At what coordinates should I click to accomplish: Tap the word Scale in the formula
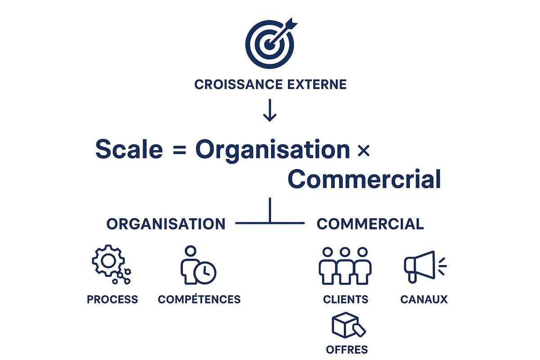point(129,149)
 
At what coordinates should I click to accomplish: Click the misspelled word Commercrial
point(364,179)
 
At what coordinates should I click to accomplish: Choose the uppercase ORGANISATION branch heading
point(166,224)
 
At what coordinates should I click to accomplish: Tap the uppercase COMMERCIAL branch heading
point(370,224)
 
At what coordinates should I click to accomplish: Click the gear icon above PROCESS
point(108,261)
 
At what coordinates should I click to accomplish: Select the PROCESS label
point(112,299)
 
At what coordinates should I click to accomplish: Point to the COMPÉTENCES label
point(199,299)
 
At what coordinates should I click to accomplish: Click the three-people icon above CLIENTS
point(345,265)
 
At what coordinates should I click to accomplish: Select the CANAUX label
point(424,299)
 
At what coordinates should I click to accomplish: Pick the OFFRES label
point(346,349)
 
